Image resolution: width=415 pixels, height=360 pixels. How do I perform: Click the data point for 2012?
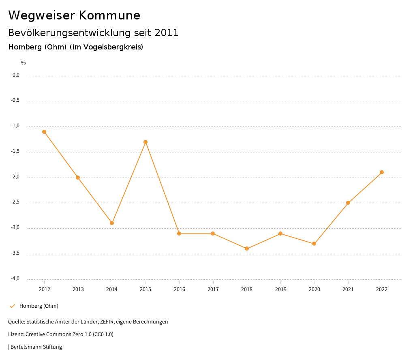pyautogui.click(x=44, y=132)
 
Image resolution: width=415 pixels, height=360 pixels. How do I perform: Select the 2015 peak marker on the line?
pyautogui.click(x=145, y=142)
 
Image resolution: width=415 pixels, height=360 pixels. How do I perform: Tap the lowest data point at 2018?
pyautogui.click(x=247, y=249)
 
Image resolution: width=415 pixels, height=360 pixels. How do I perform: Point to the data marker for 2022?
pyautogui.click(x=382, y=172)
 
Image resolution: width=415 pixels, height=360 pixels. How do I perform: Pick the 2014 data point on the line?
pyautogui.click(x=112, y=223)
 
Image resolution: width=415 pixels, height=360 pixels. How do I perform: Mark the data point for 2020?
pyautogui.click(x=314, y=244)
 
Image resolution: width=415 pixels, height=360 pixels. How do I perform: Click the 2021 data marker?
pyautogui.click(x=348, y=203)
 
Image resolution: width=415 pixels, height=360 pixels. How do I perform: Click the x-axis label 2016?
pyautogui.click(x=179, y=289)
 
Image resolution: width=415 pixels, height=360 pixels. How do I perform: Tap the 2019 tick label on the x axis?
pyautogui.click(x=280, y=289)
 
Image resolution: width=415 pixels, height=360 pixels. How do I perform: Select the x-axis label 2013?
pyautogui.click(x=78, y=289)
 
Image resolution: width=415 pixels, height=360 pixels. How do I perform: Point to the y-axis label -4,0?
pyautogui.click(x=16, y=279)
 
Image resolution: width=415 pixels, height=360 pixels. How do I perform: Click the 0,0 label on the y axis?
pyautogui.click(x=16, y=75)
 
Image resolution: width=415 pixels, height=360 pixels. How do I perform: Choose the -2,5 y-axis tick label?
pyautogui.click(x=16, y=202)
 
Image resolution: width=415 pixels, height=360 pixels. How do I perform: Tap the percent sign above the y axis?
pyautogui.click(x=24, y=63)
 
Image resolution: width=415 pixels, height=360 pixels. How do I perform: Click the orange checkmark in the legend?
pyautogui.click(x=12, y=306)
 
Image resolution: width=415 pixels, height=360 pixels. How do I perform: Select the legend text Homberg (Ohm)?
pyautogui.click(x=39, y=306)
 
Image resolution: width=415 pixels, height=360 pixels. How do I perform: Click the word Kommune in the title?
pyautogui.click(x=109, y=15)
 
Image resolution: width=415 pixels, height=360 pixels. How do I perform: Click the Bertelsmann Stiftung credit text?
pyautogui.click(x=36, y=347)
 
